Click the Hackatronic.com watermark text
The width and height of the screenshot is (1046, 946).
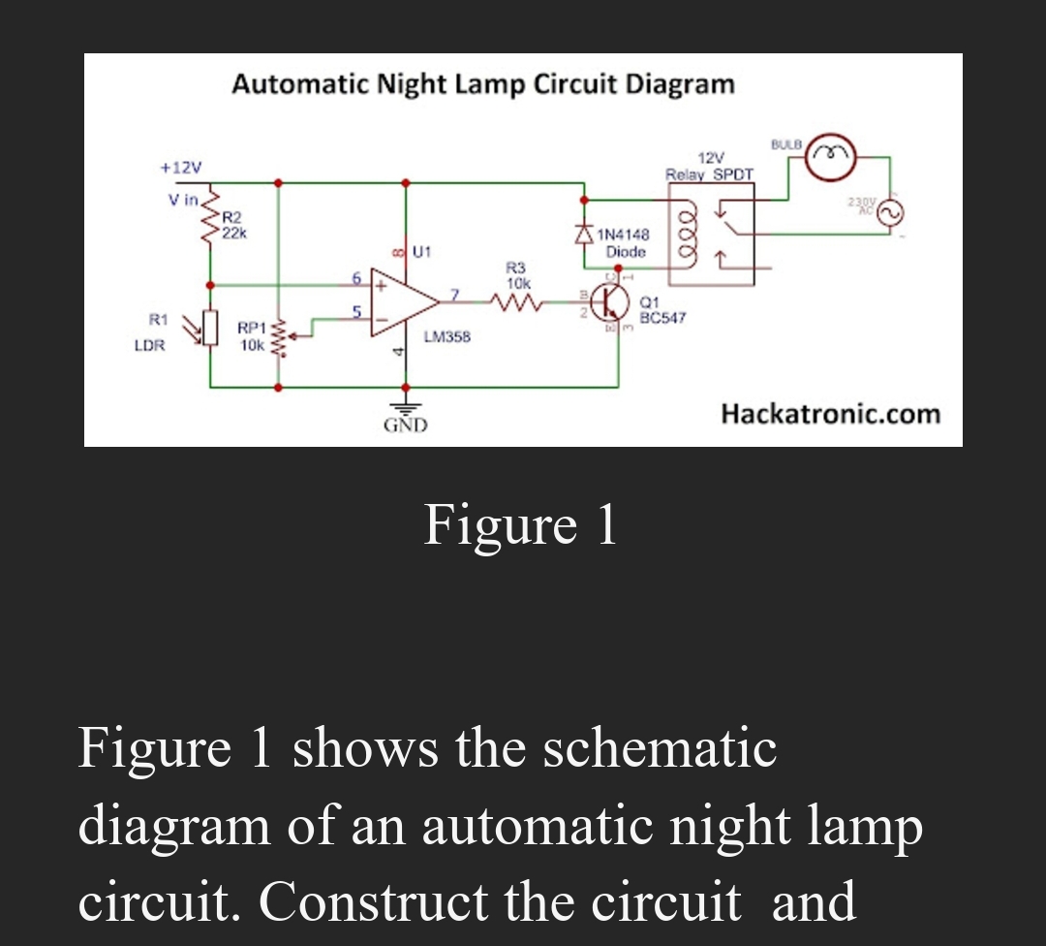(x=830, y=415)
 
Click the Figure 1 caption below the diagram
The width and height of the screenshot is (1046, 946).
(x=520, y=526)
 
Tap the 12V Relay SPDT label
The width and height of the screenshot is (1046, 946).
(x=710, y=166)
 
